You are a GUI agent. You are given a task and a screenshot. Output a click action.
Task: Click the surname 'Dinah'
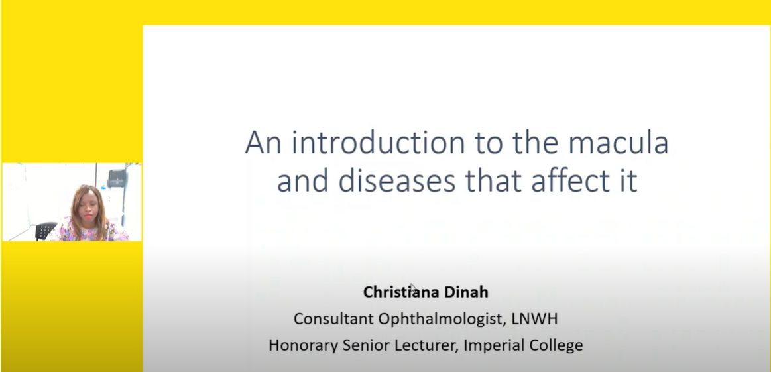pyautogui.click(x=466, y=292)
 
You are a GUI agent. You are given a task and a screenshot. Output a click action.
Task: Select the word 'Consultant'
pyautogui.click(x=333, y=319)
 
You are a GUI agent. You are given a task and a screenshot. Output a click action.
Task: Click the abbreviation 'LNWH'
pyautogui.click(x=535, y=319)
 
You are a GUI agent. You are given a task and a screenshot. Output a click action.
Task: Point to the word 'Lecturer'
pyautogui.click(x=428, y=345)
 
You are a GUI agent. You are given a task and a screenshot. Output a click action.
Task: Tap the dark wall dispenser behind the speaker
pyautogui.click(x=117, y=178)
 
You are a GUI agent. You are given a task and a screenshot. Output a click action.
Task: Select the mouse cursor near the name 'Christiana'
pyautogui.click(x=413, y=287)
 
